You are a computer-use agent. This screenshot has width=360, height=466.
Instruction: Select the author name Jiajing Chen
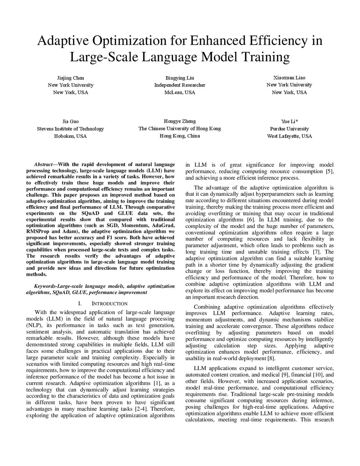tap(71, 78)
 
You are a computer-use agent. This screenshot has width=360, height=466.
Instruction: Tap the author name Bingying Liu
tap(180, 78)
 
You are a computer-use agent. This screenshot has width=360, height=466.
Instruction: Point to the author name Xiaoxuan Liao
tap(289, 77)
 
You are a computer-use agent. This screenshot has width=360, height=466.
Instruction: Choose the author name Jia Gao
tap(70, 121)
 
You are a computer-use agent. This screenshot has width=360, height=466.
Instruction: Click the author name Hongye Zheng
tap(180, 121)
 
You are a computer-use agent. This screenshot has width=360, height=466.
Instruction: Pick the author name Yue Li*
tap(290, 121)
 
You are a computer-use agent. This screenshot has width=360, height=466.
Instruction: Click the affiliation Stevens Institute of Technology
tap(70, 129)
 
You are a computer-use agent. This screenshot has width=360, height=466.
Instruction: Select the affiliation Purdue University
tap(289, 129)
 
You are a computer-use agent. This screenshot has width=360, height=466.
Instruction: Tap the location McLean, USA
tap(180, 92)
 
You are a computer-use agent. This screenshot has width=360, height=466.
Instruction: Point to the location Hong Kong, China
tap(180, 136)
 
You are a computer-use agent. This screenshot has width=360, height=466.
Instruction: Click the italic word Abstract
tap(43, 164)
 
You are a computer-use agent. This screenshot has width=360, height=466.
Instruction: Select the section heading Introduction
tap(109, 304)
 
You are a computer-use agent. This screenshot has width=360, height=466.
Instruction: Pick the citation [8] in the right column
tap(271, 358)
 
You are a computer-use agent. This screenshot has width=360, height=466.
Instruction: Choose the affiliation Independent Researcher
tap(180, 85)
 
